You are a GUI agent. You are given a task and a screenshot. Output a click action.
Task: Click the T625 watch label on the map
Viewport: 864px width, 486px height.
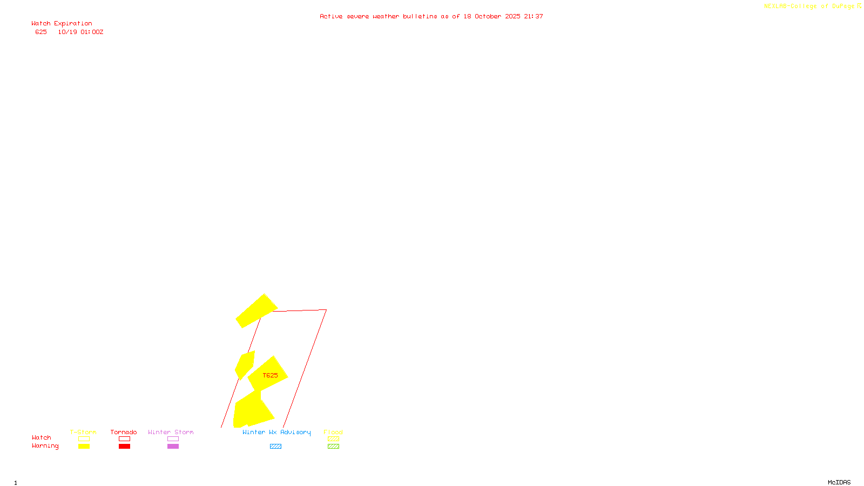[x=270, y=375]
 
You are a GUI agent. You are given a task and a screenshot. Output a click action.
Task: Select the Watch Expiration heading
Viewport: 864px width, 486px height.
[x=62, y=24]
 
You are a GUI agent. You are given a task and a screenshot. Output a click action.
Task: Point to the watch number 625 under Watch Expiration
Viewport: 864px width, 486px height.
[x=41, y=32]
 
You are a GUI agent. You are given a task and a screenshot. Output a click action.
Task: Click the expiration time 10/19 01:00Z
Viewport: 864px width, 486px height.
[x=80, y=32]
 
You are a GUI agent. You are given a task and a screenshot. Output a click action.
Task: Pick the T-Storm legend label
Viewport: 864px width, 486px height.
[x=83, y=432]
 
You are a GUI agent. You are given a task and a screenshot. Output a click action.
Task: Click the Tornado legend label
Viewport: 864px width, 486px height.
[x=124, y=432]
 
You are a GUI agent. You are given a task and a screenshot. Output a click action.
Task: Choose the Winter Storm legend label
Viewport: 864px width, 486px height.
[x=171, y=432]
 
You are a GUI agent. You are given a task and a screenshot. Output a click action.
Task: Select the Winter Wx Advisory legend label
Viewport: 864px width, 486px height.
[x=276, y=432]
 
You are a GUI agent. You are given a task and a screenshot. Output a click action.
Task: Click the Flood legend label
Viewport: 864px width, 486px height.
[x=333, y=432]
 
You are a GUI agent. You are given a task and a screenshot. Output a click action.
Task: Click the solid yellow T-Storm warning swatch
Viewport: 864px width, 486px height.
[x=84, y=447]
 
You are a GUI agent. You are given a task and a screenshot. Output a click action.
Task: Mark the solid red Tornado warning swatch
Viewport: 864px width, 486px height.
[x=124, y=447]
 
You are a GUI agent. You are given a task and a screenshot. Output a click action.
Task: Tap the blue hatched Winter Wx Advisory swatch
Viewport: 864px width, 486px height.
[x=275, y=447]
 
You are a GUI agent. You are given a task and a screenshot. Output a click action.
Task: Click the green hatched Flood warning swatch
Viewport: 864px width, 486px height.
[x=333, y=447]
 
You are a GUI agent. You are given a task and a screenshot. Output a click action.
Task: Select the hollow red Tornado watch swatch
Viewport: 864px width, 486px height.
[x=124, y=439]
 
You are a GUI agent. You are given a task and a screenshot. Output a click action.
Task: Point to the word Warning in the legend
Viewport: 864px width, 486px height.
[x=45, y=446]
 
